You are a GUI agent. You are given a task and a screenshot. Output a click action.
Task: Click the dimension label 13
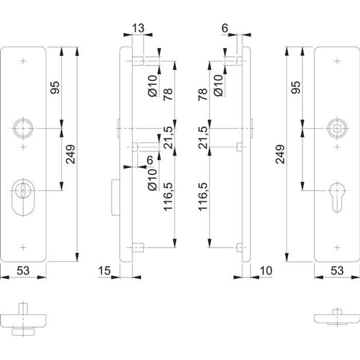138,28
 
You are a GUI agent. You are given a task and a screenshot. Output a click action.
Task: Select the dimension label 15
104,270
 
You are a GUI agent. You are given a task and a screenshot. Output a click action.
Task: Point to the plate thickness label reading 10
266,270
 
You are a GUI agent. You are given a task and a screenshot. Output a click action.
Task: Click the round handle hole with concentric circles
21,129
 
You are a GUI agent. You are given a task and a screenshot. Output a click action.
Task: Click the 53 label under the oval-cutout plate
23,270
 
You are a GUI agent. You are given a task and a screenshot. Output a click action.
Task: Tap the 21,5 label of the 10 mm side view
202,138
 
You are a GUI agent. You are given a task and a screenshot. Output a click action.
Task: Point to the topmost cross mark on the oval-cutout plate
23,62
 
